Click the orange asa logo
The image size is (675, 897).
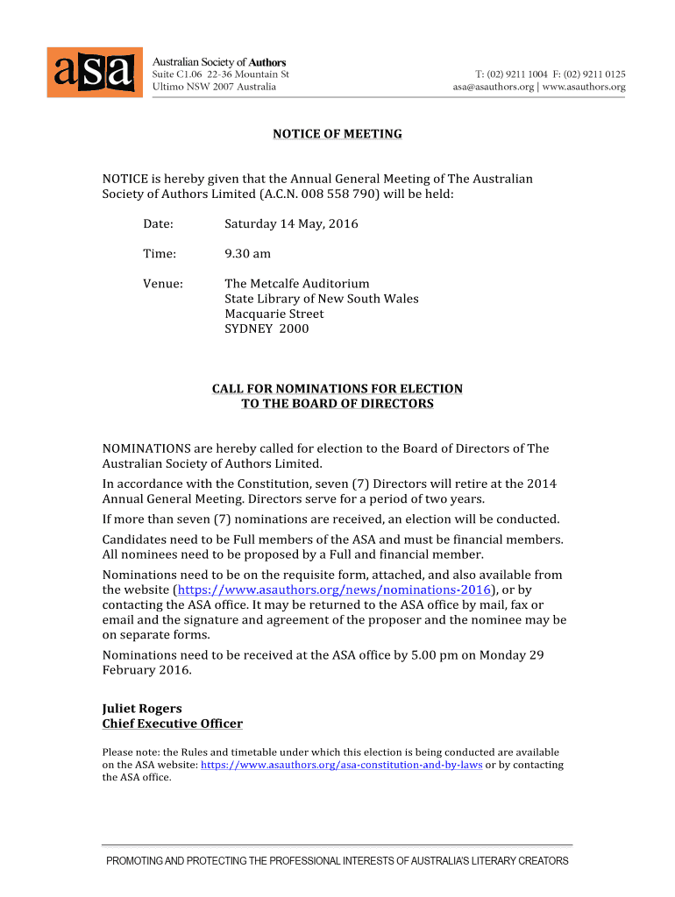(x=95, y=72)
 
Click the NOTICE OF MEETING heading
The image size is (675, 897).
(x=337, y=134)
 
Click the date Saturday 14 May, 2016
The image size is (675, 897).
(x=291, y=224)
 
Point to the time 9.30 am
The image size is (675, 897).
(x=248, y=254)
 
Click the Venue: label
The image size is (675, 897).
(x=163, y=284)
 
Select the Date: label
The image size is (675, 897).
(x=159, y=224)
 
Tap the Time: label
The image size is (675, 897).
(x=160, y=254)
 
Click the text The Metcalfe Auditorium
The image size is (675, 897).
(x=297, y=284)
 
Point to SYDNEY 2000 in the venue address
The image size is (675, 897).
(x=266, y=329)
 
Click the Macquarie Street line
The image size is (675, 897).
(x=274, y=314)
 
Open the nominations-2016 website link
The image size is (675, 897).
(x=334, y=590)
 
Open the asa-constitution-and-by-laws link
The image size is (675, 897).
(x=342, y=765)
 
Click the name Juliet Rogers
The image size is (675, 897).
(x=143, y=709)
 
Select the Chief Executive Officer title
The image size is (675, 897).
(x=173, y=724)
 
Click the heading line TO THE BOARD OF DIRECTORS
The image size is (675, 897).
(x=337, y=404)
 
